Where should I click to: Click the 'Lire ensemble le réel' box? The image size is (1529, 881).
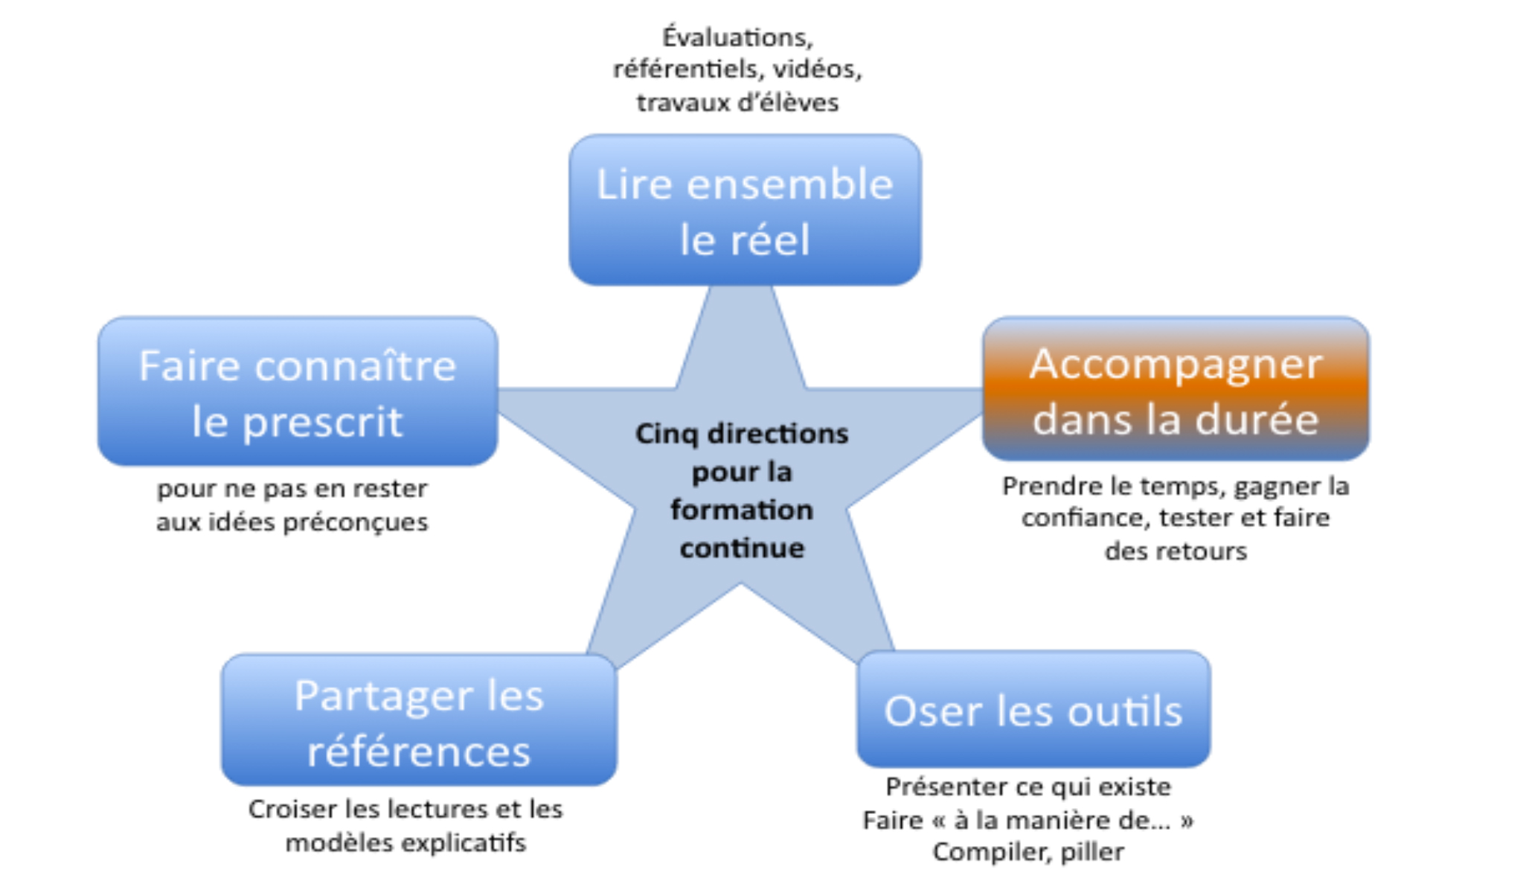pyautogui.click(x=745, y=210)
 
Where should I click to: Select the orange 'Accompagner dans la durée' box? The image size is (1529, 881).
pyautogui.click(x=1176, y=389)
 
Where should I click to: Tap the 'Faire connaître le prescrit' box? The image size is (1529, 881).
pyautogui.click(x=298, y=392)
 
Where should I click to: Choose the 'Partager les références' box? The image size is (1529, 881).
pyautogui.click(x=419, y=720)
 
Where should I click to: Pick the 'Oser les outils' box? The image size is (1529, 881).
pyautogui.click(x=1033, y=710)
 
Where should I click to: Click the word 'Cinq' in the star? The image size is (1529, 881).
pyautogui.click(x=667, y=434)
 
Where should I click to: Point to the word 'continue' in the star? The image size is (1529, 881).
pyautogui.click(x=742, y=548)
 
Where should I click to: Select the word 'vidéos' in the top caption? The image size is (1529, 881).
pyautogui.click(x=817, y=69)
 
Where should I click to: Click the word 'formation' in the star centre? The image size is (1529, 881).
pyautogui.click(x=742, y=510)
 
